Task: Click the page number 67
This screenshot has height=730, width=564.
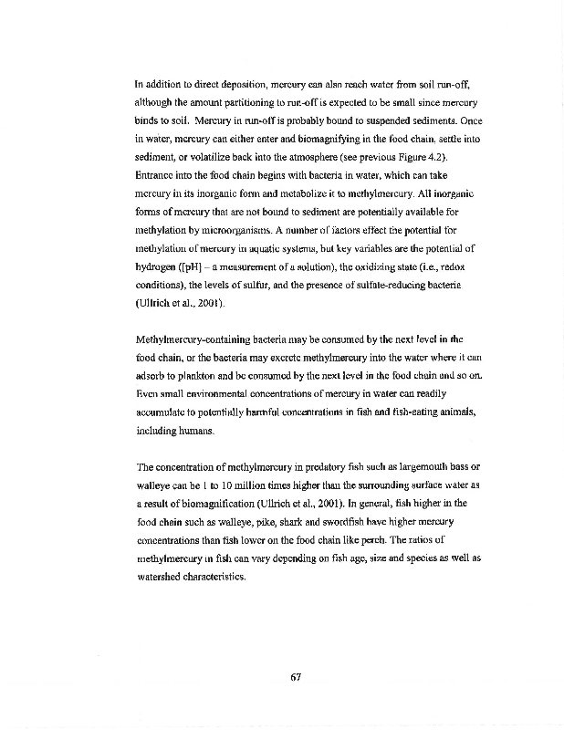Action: [x=295, y=676]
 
